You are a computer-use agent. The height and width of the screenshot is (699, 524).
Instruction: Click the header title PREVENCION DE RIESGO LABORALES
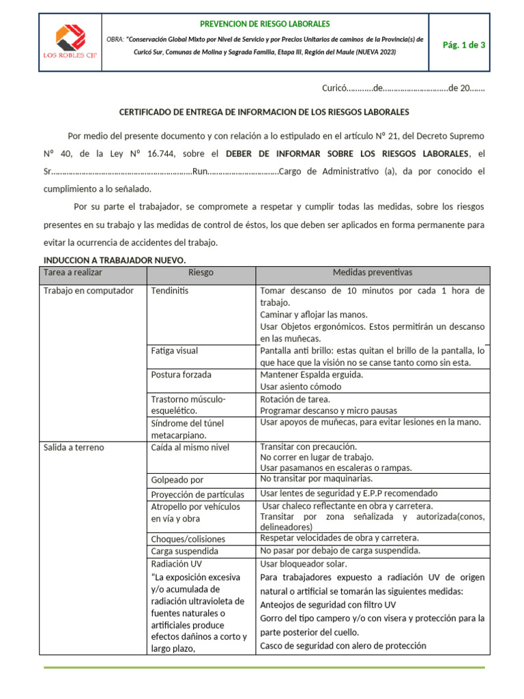(x=265, y=23)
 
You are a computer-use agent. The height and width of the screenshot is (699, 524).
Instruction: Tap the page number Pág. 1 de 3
(x=459, y=45)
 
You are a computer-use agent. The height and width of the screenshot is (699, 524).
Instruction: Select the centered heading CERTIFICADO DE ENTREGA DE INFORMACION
(x=264, y=111)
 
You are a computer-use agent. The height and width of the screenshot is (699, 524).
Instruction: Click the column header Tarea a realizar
(x=72, y=272)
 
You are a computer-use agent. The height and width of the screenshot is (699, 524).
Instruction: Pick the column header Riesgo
(x=201, y=272)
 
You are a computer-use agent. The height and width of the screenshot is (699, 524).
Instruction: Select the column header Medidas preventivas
(x=372, y=272)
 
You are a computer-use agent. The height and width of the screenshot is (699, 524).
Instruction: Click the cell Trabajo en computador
(x=88, y=291)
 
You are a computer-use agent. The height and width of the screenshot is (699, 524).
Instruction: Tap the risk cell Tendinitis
(x=170, y=291)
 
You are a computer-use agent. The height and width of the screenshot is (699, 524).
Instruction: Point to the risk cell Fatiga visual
(x=175, y=351)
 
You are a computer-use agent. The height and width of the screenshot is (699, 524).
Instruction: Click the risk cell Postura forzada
(x=181, y=375)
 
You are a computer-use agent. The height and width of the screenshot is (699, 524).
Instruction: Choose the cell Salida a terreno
(x=74, y=448)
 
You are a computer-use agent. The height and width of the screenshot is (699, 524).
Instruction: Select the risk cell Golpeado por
(x=177, y=480)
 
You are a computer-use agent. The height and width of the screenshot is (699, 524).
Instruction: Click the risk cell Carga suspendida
(x=184, y=551)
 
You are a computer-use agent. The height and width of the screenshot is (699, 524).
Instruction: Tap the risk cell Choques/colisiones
(x=188, y=539)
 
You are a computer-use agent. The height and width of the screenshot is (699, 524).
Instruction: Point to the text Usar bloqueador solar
(x=304, y=564)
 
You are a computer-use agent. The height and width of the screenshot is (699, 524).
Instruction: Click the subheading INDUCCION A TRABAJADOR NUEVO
(x=115, y=260)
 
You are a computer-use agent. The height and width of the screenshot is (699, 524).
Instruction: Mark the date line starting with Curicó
(x=403, y=89)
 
